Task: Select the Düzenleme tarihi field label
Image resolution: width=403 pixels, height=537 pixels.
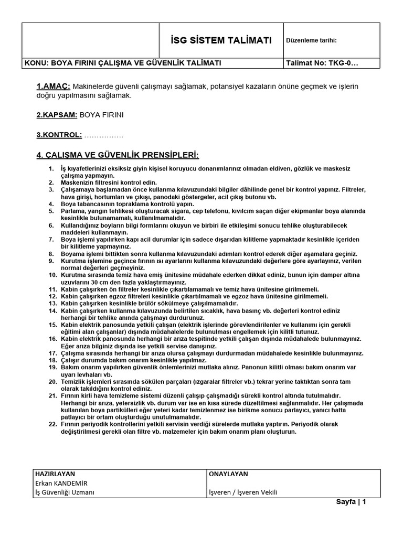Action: click(x=312, y=41)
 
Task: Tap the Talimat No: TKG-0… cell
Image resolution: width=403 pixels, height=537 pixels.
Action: click(x=322, y=63)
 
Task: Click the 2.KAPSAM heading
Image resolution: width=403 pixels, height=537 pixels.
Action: click(x=57, y=114)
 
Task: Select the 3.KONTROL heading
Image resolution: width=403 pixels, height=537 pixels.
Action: click(x=59, y=135)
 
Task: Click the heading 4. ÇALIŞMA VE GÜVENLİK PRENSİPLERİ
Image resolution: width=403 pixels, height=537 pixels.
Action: click(x=118, y=155)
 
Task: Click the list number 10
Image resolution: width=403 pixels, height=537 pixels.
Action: click(x=51, y=274)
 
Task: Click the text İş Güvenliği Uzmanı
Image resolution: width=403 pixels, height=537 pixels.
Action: click(x=65, y=492)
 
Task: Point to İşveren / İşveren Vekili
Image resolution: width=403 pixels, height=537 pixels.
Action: click(x=243, y=492)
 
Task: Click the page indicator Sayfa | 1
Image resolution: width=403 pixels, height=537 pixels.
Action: click(x=351, y=502)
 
